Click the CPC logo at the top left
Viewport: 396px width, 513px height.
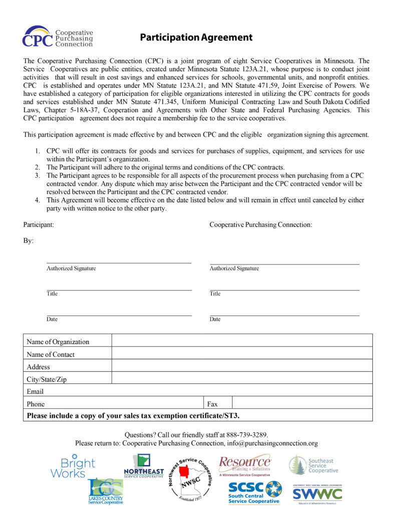(x=58, y=37)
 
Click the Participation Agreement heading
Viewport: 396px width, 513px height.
(x=196, y=38)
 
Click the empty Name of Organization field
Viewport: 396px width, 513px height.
(x=242, y=341)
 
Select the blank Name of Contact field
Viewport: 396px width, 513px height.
(x=242, y=353)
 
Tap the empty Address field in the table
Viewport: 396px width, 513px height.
(x=242, y=366)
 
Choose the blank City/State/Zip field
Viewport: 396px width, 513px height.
(x=242, y=378)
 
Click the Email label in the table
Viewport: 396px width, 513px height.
(x=35, y=391)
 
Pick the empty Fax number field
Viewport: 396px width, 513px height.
(x=302, y=403)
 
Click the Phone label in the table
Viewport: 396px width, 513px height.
(x=36, y=404)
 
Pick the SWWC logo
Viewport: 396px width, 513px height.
(x=317, y=494)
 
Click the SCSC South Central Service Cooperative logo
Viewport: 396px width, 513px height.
(x=255, y=492)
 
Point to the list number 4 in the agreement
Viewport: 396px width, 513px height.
(x=38, y=200)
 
